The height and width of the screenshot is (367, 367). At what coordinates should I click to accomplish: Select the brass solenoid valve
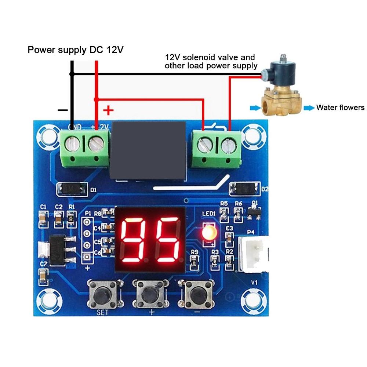point(281,90)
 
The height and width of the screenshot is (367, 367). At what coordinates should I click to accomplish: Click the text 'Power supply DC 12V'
point(76,50)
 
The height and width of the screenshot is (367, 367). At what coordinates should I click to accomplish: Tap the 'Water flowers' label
point(340,108)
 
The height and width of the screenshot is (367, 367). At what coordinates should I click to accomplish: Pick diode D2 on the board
point(244,189)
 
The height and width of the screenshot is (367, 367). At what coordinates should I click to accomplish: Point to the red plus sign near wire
point(108,110)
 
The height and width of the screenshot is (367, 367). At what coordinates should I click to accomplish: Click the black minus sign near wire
point(63,110)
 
